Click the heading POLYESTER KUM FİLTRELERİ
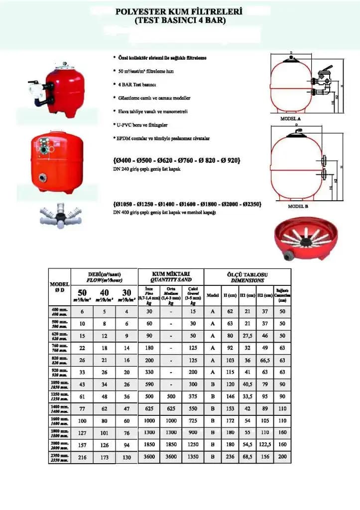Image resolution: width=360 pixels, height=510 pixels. pos(179,11)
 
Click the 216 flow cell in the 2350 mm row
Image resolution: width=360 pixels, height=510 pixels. pos(83,457)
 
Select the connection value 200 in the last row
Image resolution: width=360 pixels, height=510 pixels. pos(282,457)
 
